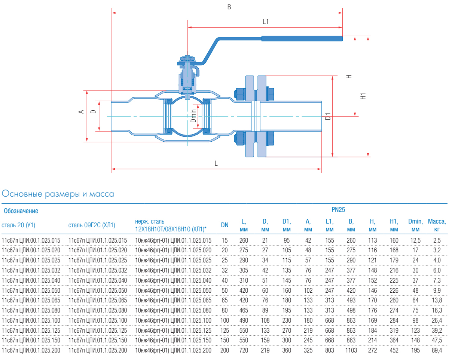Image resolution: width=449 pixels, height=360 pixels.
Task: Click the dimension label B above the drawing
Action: (x=229, y=7)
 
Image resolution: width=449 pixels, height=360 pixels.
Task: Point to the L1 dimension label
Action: (x=265, y=22)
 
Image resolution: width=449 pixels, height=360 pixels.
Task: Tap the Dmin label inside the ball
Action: (x=193, y=116)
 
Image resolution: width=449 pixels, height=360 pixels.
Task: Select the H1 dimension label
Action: (x=363, y=96)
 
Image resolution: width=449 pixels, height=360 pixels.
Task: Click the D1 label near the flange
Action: (x=328, y=116)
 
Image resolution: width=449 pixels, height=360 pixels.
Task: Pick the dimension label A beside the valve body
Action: (x=80, y=112)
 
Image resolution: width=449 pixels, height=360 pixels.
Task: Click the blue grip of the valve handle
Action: (x=302, y=38)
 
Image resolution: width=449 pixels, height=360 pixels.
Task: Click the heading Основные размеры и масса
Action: (x=58, y=194)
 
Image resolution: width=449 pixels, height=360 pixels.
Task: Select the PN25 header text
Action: (x=338, y=210)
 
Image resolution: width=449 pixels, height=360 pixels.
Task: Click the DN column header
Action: (x=224, y=225)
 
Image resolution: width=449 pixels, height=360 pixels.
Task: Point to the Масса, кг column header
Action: (x=437, y=225)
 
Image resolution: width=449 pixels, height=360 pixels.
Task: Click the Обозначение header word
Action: (x=21, y=211)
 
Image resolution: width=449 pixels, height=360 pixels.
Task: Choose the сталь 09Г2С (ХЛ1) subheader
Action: (x=92, y=225)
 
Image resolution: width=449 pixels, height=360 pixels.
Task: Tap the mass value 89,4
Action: (x=437, y=350)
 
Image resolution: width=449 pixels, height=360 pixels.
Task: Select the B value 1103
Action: (x=351, y=350)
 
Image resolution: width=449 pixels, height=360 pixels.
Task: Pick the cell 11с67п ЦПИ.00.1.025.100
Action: (x=31, y=320)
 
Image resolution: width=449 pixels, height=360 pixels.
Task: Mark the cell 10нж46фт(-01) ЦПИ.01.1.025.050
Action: (x=173, y=290)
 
